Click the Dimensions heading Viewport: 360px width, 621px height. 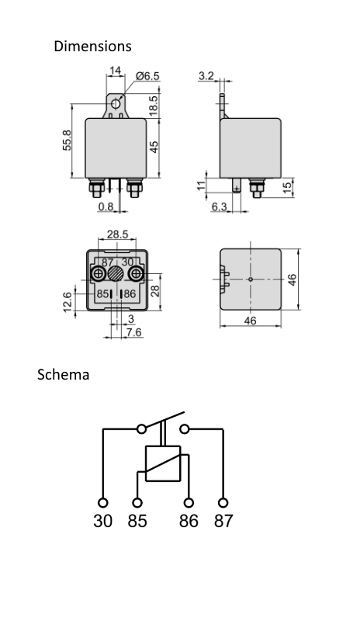(x=92, y=47)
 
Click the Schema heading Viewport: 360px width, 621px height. (x=64, y=375)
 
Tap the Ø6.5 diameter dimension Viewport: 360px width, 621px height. (x=147, y=76)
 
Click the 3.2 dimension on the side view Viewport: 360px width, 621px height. (x=206, y=76)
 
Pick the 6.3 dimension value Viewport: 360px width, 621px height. (x=219, y=206)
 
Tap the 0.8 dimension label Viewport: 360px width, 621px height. (x=106, y=206)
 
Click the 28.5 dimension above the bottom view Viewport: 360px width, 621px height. (x=117, y=234)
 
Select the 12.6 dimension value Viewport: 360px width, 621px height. (x=67, y=299)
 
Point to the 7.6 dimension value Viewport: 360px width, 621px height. (x=133, y=333)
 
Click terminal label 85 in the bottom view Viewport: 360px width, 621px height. (x=102, y=295)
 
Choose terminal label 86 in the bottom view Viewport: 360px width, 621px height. (x=130, y=295)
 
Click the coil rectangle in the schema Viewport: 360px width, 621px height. (x=163, y=463)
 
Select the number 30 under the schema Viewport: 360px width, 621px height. (x=103, y=521)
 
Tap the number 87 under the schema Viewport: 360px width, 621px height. (x=223, y=521)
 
